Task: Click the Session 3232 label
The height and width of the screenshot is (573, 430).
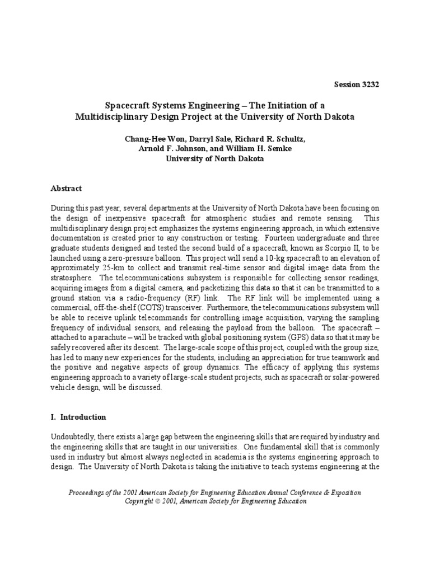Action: pyautogui.click(x=356, y=84)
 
